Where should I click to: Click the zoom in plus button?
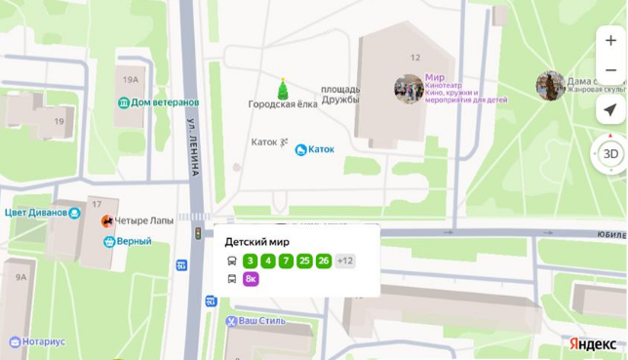[x=610, y=41]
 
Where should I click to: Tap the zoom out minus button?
[x=610, y=70]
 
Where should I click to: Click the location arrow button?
[x=610, y=109]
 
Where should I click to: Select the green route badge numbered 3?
[x=251, y=260]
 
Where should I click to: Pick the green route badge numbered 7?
[x=286, y=260]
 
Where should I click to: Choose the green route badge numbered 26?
[x=324, y=260]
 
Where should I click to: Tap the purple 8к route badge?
[x=251, y=279]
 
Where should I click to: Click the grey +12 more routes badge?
[x=345, y=260]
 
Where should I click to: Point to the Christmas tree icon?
[x=283, y=89]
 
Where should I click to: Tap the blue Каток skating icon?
[x=301, y=149]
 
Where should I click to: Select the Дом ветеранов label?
[x=164, y=102]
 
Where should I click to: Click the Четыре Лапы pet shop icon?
[x=107, y=220]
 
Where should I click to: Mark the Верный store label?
[x=134, y=241]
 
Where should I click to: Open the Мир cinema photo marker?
[x=409, y=88]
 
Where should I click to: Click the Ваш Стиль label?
[x=261, y=321]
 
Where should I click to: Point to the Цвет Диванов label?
[x=36, y=213]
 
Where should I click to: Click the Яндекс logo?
[x=593, y=343]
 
